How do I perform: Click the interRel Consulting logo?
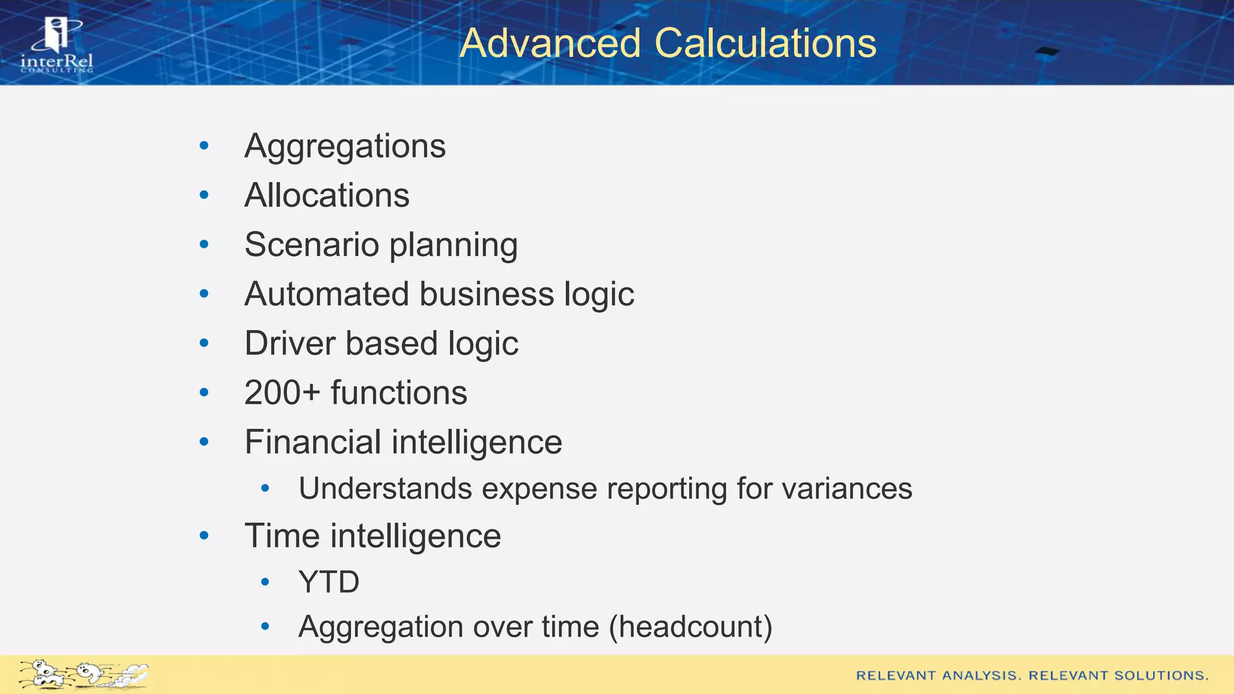[x=57, y=46]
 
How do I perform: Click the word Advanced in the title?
[x=550, y=43]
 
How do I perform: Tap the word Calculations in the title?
[x=765, y=43]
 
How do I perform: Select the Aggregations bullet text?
[x=345, y=146]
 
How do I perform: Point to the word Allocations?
[x=327, y=196]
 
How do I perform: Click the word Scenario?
[x=312, y=245]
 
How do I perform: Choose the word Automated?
[x=327, y=295]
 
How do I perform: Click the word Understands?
[x=385, y=489]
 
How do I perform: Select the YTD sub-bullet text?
[x=329, y=583]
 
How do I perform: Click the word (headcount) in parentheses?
[x=691, y=627]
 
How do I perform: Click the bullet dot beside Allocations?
[x=204, y=195]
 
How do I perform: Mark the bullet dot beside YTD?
[x=265, y=582]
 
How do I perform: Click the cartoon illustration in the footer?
[x=84, y=674]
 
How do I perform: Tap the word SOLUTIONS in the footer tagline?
[x=1161, y=675]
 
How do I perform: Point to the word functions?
[x=399, y=393]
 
